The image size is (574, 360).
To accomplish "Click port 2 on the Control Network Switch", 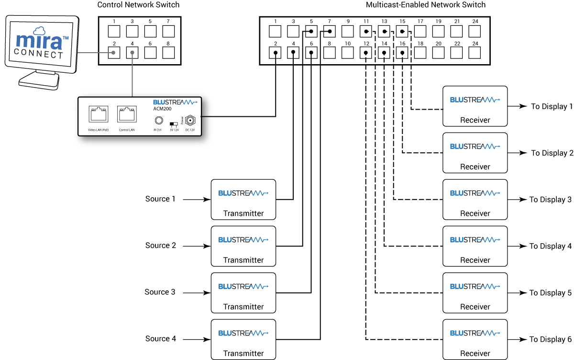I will (114, 52).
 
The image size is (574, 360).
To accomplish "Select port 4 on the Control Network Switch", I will (132, 52).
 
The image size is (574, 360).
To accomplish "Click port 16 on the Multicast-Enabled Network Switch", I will (402, 52).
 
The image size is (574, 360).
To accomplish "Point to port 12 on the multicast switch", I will (366, 52).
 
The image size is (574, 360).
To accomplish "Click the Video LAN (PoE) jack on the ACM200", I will (98, 115).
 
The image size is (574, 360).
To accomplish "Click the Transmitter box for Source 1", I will (243, 199).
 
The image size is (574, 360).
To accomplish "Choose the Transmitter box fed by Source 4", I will (243, 339).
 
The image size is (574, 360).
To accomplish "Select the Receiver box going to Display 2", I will (475, 153).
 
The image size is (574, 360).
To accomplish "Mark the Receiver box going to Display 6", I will (475, 339).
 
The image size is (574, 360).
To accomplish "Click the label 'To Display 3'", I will (550, 200).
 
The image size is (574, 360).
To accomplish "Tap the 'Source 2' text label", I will (161, 246).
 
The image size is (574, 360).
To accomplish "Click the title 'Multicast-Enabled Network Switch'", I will (425, 5).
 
